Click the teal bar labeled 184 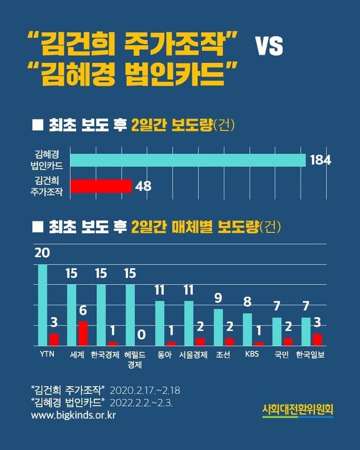coord(188,160)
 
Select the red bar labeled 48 coord(101,186)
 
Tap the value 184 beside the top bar coord(320,160)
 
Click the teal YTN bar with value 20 coord(43,305)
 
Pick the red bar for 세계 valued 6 coord(83,333)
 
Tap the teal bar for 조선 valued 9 coord(218,327)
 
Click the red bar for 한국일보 coord(318,339)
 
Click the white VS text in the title coord(270,47)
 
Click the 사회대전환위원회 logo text coord(298,410)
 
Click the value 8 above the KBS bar coord(247,302)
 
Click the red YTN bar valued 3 coord(54,339)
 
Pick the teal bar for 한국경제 coord(101,315)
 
